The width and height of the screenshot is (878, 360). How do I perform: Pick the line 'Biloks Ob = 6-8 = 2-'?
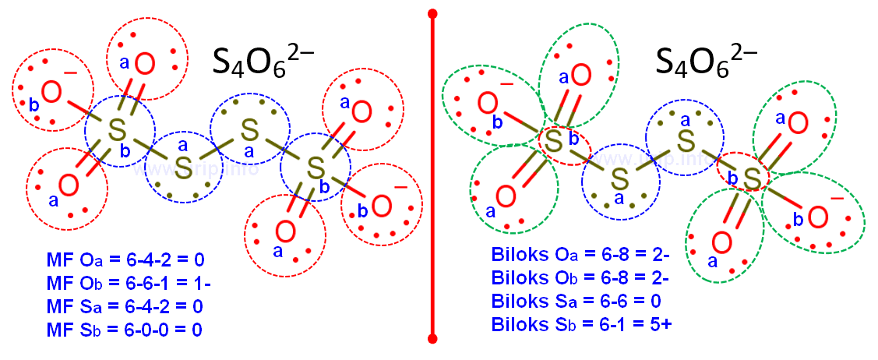click(580, 277)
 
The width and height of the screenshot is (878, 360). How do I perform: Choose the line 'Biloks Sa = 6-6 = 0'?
click(575, 300)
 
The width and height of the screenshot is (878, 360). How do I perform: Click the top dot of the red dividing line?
click(433, 13)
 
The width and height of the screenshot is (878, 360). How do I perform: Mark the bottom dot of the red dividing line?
click(433, 339)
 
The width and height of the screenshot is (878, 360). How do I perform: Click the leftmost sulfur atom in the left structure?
click(118, 130)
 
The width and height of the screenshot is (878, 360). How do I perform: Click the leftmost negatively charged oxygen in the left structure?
click(52, 93)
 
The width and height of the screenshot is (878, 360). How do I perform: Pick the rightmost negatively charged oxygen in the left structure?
click(381, 206)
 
